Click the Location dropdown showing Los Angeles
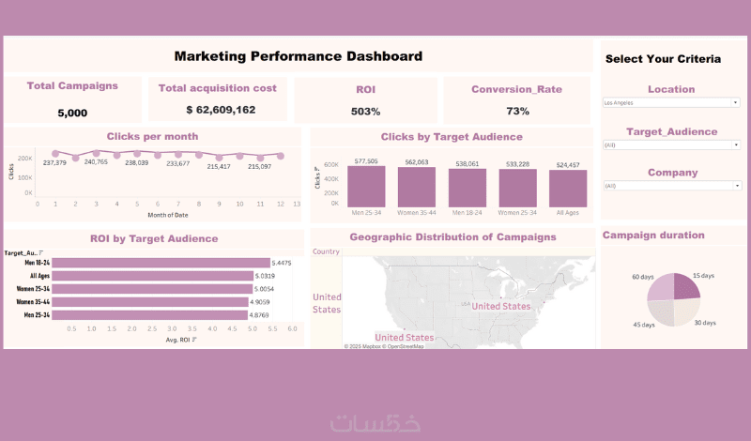coord(670,102)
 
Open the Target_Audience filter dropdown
coord(670,145)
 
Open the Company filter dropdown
coord(670,186)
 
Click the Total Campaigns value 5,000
coord(72,113)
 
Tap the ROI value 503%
coord(365,112)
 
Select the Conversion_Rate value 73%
coord(516,112)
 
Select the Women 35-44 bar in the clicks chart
coord(423,188)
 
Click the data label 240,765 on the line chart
coord(96,162)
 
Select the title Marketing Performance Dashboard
coord(299,56)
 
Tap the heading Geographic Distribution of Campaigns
coord(452,236)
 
